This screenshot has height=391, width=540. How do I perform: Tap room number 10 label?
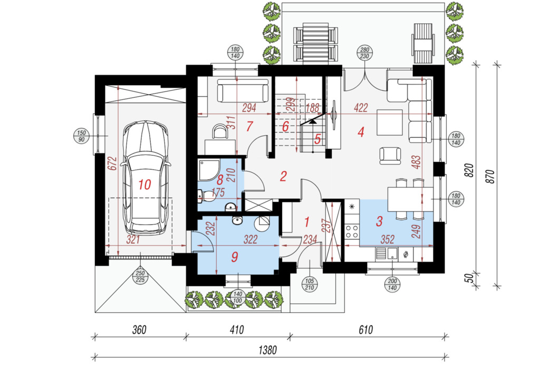pos(144,184)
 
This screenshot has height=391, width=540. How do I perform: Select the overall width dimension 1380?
pos(267,350)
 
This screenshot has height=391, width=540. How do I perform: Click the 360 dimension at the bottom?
pos(139,330)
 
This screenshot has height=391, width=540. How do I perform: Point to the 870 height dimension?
pos(491,176)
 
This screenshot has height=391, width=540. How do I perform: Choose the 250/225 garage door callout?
pos(140,276)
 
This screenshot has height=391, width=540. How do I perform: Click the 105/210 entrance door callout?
pos(310,284)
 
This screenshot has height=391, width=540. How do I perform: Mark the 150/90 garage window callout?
pos(81,136)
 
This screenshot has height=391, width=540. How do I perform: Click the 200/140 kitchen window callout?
pos(392,284)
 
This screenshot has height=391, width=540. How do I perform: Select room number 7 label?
pos(249,127)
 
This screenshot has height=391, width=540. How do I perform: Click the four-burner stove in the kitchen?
pos(352,231)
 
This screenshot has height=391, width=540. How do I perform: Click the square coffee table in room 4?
pos(390,122)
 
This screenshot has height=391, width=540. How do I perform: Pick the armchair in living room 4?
pos(390,156)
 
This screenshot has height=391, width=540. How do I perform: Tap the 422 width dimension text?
pos(361,108)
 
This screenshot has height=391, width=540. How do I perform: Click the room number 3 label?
pos(379,221)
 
